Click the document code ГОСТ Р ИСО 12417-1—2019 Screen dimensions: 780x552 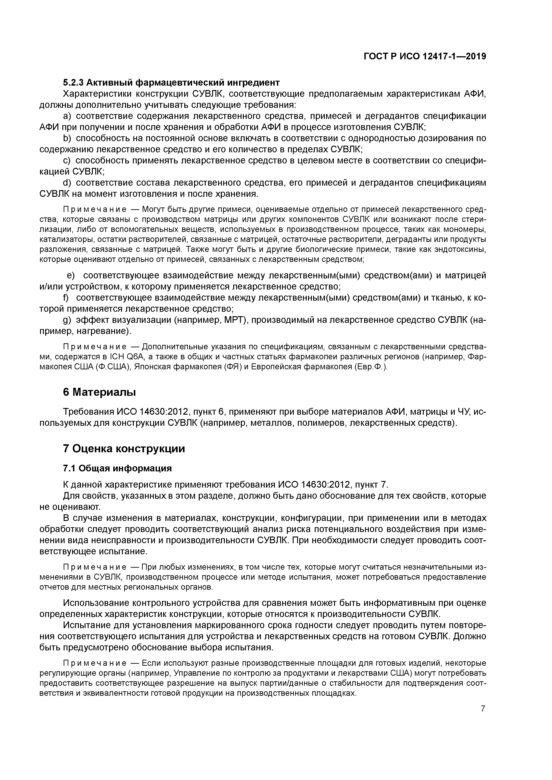coord(424,56)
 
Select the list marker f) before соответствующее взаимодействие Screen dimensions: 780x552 coord(66,298)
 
